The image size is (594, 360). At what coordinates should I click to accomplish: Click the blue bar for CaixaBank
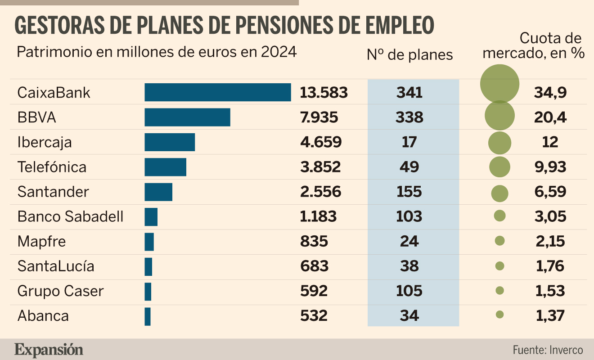tap(218, 92)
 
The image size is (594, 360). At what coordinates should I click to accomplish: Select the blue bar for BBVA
tap(188, 117)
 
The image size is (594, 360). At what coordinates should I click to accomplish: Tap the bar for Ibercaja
tap(170, 142)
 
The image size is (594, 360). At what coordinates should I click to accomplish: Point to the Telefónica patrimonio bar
tap(166, 167)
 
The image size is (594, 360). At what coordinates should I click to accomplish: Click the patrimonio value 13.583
tap(324, 93)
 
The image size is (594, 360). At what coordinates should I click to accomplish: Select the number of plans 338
tap(409, 117)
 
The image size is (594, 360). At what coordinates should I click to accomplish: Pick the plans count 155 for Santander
tap(409, 192)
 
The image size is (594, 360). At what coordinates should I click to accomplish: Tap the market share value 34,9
tap(550, 93)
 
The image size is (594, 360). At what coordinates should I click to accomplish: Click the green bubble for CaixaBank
tap(499, 84)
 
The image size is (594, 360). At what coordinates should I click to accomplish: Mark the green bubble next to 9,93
tap(499, 167)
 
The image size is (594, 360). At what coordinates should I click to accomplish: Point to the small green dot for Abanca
tap(499, 315)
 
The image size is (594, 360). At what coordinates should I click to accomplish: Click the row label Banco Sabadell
tap(70, 216)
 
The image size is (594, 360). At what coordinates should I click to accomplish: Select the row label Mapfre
tap(42, 242)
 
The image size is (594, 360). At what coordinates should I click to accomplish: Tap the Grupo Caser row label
tap(60, 291)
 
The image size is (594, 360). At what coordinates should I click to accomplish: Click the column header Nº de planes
tap(409, 55)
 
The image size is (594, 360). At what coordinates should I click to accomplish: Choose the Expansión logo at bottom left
tap(49, 350)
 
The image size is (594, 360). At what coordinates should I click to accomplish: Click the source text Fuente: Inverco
tap(548, 350)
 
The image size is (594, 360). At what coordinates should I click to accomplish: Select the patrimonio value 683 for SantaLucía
tap(314, 266)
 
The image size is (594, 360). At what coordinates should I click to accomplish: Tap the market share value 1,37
tap(550, 316)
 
